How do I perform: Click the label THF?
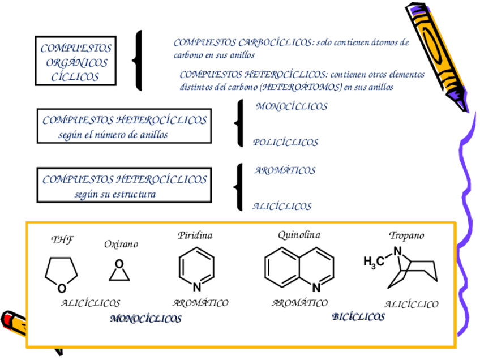(x=62, y=239)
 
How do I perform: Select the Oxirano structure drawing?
(x=119, y=271)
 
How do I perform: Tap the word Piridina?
(x=195, y=235)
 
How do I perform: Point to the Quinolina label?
(x=299, y=234)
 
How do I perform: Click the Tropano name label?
(x=406, y=235)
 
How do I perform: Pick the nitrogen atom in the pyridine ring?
(x=196, y=286)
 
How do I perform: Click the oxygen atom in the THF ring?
(x=62, y=288)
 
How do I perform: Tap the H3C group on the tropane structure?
(x=374, y=262)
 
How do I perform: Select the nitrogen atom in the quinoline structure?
(x=316, y=287)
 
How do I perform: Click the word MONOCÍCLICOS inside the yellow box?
(x=145, y=319)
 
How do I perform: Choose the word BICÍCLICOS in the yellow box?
(x=358, y=317)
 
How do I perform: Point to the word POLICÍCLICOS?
(x=285, y=143)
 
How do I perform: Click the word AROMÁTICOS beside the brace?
(x=285, y=170)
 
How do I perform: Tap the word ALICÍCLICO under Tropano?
(x=411, y=305)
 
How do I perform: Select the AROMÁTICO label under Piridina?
(x=200, y=303)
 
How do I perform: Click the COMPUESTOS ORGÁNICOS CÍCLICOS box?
(x=75, y=62)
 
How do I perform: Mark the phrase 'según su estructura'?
(x=115, y=194)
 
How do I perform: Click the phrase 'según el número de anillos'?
(x=113, y=135)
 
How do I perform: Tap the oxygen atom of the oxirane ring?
(x=119, y=264)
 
